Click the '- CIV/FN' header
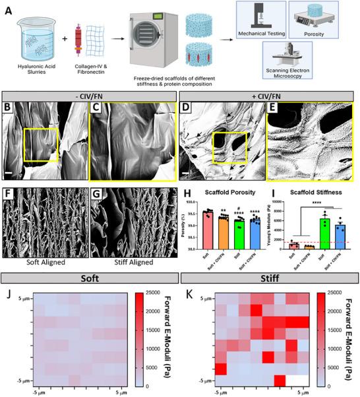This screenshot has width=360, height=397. pyautogui.click(x=90, y=99)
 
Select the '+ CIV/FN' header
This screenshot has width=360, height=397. pyautogui.click(x=268, y=99)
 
